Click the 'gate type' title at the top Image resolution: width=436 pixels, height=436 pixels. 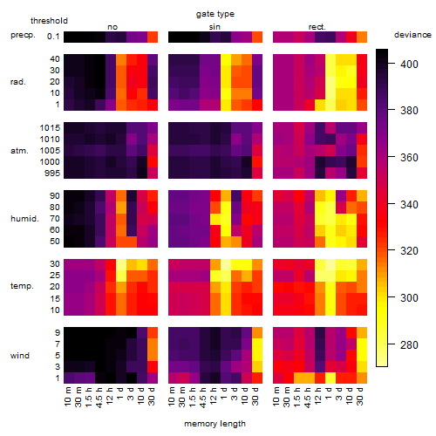[215, 14]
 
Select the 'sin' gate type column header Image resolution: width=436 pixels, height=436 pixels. [215, 27]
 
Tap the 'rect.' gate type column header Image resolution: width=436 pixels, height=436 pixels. [317, 27]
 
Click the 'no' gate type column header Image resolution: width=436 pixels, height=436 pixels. [112, 27]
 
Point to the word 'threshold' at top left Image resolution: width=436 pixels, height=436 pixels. [49, 21]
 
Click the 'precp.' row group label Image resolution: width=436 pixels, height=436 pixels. [23, 35]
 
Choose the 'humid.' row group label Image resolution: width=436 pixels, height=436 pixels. [24, 218]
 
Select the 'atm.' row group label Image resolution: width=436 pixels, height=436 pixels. [19, 151]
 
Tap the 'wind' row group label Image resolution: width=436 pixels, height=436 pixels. [20, 356]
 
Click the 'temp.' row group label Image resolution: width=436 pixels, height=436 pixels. [22, 286]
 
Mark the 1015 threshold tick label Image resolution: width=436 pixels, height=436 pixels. [50, 128]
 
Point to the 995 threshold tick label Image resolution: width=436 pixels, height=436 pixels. [52, 174]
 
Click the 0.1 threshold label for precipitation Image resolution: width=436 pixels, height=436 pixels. [53, 37]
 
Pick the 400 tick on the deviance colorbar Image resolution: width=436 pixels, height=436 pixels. [409, 64]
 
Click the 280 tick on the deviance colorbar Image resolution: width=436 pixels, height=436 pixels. [409, 345]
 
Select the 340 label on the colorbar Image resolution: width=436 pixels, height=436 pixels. [409, 205]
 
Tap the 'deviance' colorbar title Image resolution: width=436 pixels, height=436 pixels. [412, 35]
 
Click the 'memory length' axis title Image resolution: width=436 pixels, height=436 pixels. [215, 424]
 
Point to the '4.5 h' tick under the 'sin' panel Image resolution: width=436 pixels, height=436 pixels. [203, 397]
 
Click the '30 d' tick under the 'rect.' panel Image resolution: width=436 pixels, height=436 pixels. [360, 397]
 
